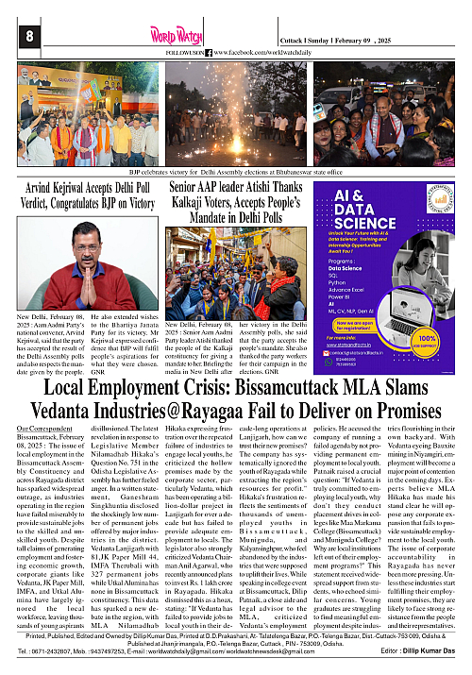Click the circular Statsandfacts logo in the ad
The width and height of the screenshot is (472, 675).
[x=442, y=198]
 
